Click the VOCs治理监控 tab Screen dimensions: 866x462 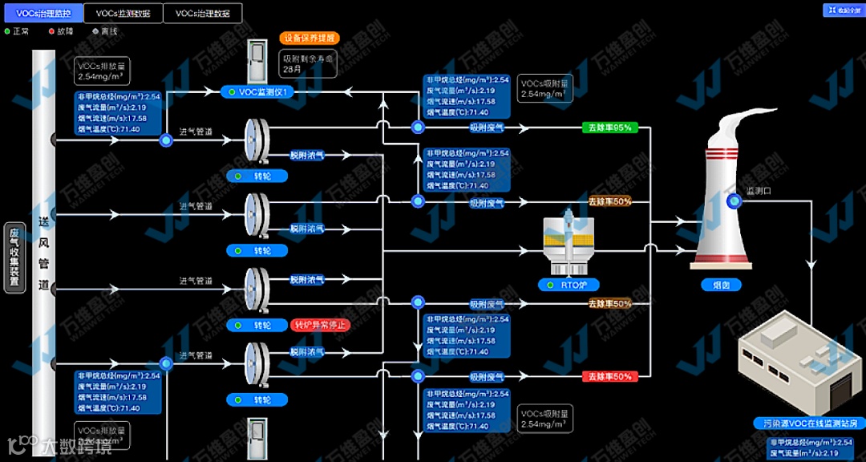[x=43, y=14]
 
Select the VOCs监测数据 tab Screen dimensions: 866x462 [x=123, y=14]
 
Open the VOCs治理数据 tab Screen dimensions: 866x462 [x=202, y=14]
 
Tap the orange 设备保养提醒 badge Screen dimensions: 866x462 [x=309, y=38]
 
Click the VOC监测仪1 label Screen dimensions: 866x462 [x=267, y=92]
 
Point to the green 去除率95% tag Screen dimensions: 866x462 [x=609, y=128]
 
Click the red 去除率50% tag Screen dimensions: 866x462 [x=609, y=376]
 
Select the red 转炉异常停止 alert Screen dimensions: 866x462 [x=320, y=325]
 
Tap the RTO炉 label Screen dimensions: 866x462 [x=569, y=285]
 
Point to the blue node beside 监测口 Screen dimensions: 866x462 [x=733, y=201]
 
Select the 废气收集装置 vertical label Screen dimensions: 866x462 [x=14, y=257]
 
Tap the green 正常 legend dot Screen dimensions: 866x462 [x=7, y=31]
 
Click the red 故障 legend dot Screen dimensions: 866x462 [x=51, y=31]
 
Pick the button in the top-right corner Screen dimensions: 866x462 [x=841, y=10]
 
